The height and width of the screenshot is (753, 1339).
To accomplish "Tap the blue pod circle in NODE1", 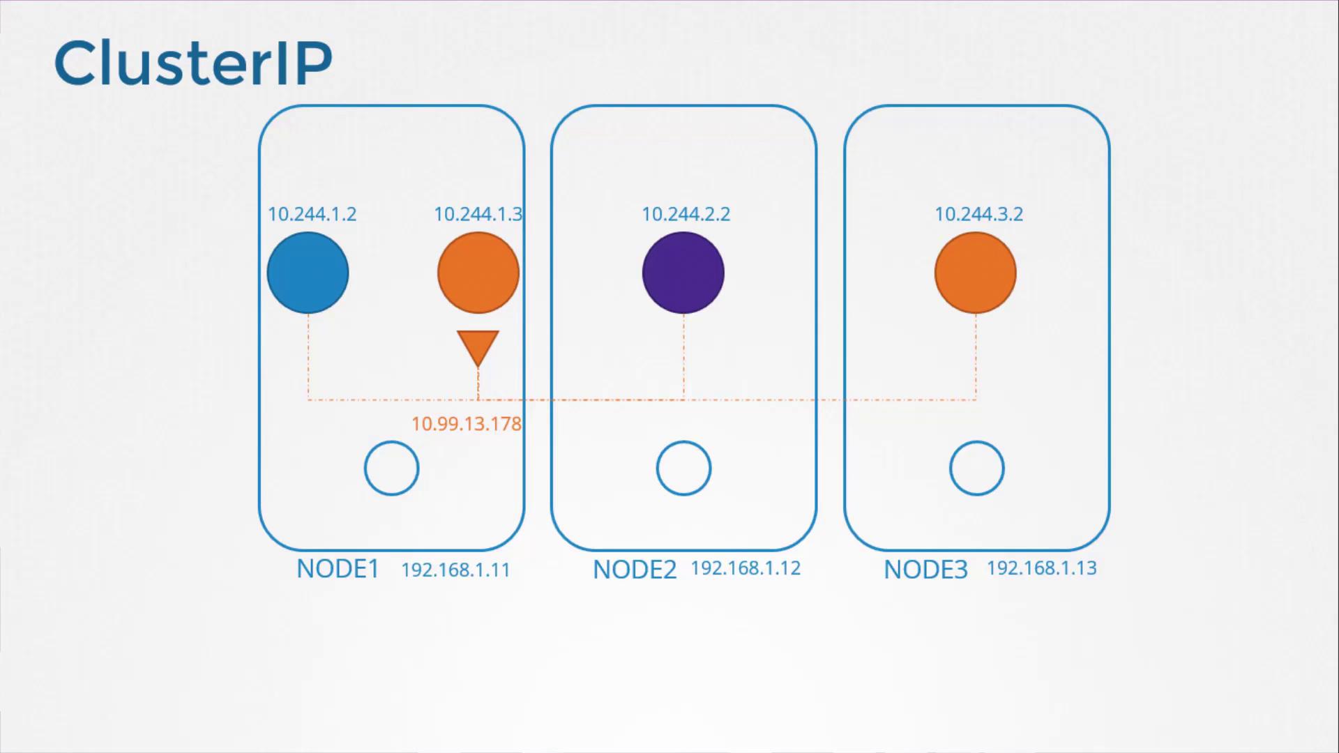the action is pos(308,273).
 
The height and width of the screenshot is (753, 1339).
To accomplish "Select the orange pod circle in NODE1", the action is pos(478,273).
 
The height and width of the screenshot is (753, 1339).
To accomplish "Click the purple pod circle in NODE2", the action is pos(683,273).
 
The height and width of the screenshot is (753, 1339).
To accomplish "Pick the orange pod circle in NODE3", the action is pos(976,273).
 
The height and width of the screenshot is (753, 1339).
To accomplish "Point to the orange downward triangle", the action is pos(478,347).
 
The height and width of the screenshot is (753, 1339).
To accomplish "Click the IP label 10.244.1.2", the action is pos(312,214).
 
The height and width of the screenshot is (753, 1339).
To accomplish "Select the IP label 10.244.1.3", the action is pos(478,214).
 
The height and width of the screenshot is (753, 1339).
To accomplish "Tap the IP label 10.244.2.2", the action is pos(686,214).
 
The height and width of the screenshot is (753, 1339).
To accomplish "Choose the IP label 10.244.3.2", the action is pos(979,214).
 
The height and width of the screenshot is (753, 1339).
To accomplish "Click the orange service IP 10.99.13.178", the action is pos(467,424).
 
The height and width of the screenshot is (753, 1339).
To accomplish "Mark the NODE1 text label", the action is pos(338,569).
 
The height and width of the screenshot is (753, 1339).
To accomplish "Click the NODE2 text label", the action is pos(635,570).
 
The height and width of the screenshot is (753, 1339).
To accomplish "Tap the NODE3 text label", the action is pos(926,570).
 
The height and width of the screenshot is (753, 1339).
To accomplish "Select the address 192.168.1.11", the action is pos(456,570).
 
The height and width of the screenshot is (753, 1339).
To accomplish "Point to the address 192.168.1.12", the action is pos(746,568).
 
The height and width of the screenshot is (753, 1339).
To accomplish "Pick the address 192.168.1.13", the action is pos(1042,568).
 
